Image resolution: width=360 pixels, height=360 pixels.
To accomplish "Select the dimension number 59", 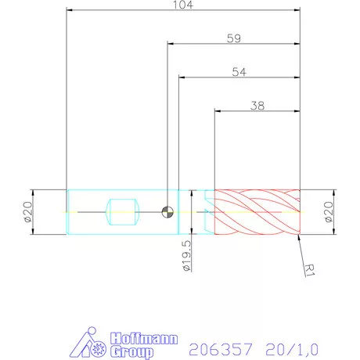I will click(233, 37).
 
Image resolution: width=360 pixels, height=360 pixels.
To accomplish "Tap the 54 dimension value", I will click(239, 71).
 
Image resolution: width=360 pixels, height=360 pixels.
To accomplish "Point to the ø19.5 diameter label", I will click(185, 256).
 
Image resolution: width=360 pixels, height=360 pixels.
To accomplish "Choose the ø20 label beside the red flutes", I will click(329, 211).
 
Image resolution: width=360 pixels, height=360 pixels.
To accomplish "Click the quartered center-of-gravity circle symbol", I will click(167, 211).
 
